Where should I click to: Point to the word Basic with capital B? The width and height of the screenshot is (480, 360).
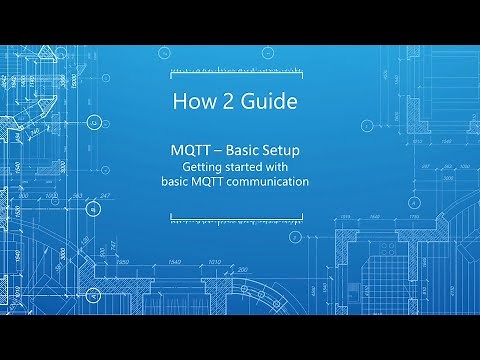pyautogui.click(x=249, y=150)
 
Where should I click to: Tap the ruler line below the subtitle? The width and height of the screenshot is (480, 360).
pyautogui.click(x=240, y=213)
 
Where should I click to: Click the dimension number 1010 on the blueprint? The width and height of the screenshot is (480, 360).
pyautogui.click(x=213, y=261)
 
